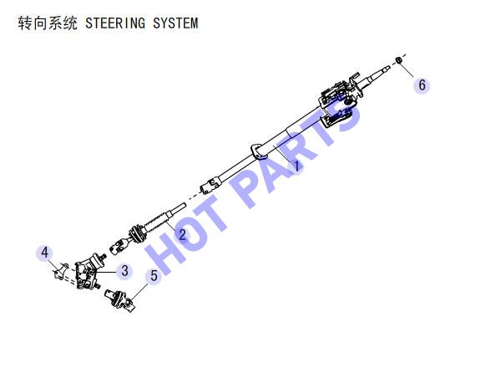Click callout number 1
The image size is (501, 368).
[x=296, y=166]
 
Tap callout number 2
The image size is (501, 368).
[x=182, y=234]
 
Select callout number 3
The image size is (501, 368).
[x=124, y=271]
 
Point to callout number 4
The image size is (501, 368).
[x=45, y=253]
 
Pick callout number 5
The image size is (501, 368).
[x=154, y=276]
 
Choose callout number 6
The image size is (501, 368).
[x=422, y=85]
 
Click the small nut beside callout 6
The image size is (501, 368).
[x=398, y=60]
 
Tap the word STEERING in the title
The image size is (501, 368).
[x=115, y=23]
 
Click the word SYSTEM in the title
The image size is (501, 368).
[x=175, y=23]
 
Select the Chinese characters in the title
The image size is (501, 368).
[x=48, y=23]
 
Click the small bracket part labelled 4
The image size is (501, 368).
[x=61, y=272]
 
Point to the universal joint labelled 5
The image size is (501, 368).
[x=120, y=300]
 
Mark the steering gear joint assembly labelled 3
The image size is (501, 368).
[x=89, y=271]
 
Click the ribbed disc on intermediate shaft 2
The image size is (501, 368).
[x=138, y=234]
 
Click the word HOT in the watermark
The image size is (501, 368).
[x=185, y=236]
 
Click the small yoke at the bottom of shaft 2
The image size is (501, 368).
[x=119, y=247]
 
